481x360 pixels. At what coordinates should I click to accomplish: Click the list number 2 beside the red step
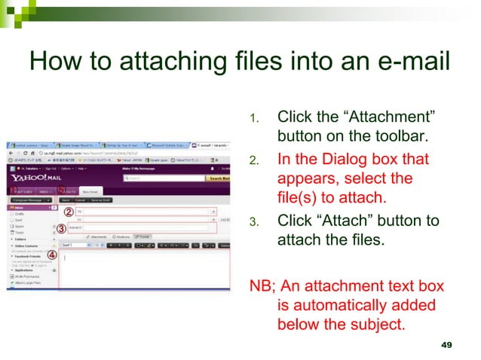click(254, 160)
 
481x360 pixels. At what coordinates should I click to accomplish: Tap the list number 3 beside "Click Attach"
click(254, 221)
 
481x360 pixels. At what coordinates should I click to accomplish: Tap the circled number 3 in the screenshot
click(62, 227)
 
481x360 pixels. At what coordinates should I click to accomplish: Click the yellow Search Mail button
click(219, 178)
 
